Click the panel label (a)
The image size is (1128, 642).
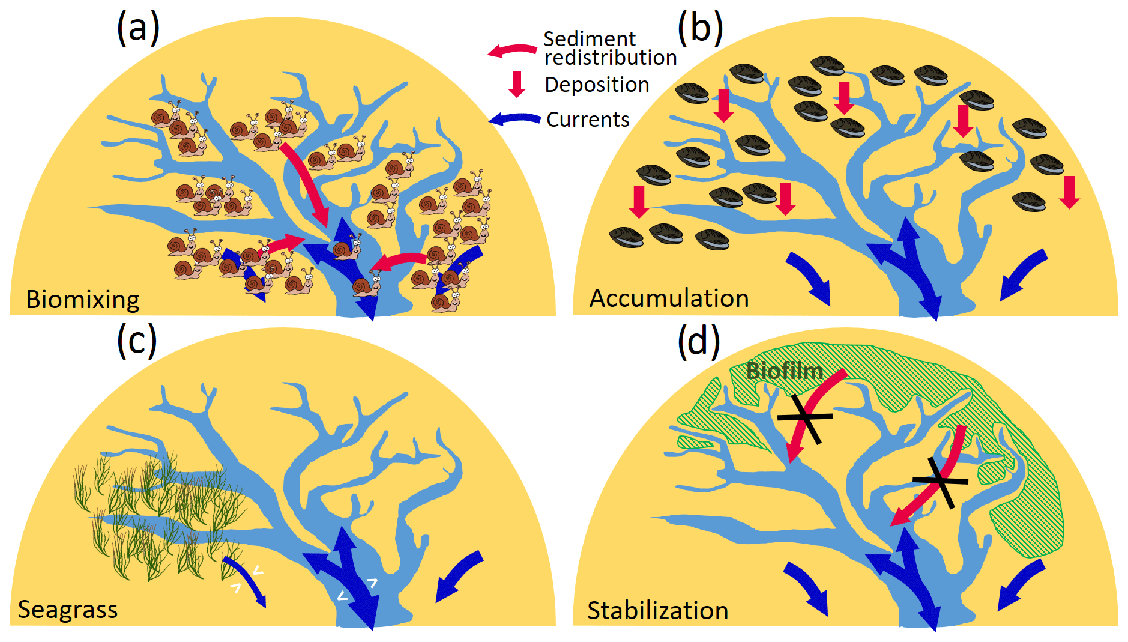click(x=138, y=28)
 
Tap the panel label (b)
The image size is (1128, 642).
click(x=700, y=28)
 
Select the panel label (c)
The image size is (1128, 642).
click(x=137, y=340)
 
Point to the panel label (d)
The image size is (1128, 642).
click(x=699, y=341)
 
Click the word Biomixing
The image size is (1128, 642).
click(x=83, y=299)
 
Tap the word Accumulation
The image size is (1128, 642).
click(x=669, y=298)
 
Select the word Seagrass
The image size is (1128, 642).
click(x=68, y=609)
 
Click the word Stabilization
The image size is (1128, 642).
click(x=657, y=610)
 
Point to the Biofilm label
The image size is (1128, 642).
click(x=785, y=371)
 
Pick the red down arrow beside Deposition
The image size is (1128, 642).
click(x=517, y=84)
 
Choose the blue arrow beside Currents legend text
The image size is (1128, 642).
click(x=514, y=119)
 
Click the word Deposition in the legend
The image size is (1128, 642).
click(x=597, y=85)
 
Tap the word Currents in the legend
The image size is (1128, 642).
click(x=588, y=120)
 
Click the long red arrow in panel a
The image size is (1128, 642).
click(x=306, y=183)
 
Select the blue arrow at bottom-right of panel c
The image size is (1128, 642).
click(x=459, y=575)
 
